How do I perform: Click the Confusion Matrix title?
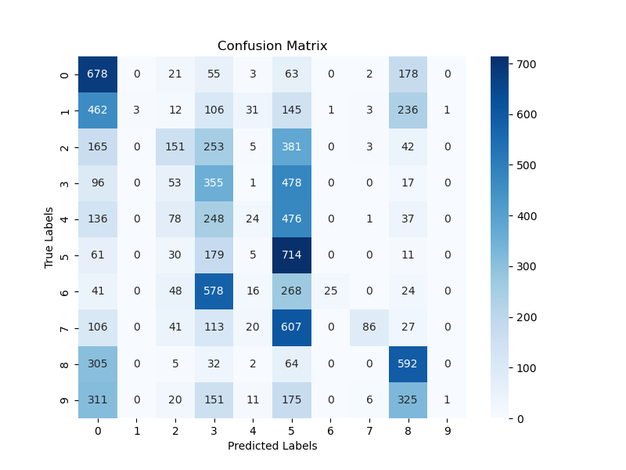[x=272, y=45]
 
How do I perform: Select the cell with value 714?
[x=292, y=255]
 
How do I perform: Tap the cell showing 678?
[x=98, y=74]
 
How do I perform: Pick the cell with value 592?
[x=408, y=363]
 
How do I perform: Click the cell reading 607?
[x=292, y=327]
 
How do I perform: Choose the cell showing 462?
[x=98, y=110]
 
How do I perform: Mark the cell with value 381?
[x=292, y=146]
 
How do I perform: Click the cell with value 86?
[x=369, y=327]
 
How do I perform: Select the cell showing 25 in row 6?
[x=330, y=291]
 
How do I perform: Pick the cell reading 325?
[x=408, y=399]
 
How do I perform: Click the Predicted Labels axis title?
[x=272, y=446]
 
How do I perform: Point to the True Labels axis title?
[x=49, y=237]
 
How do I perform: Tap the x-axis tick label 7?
[x=369, y=430]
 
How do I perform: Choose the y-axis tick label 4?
[x=64, y=219]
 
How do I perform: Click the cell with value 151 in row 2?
[x=175, y=146]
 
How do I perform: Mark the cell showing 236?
[x=408, y=110]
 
